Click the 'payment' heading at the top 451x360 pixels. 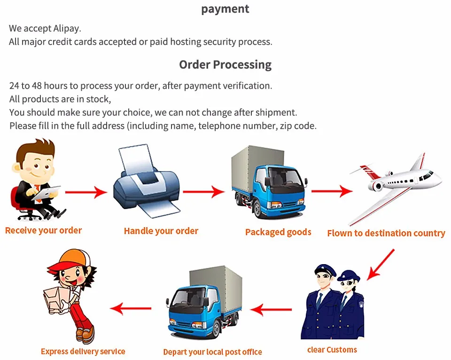225,9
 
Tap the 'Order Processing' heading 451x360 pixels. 225,64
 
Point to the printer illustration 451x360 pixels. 146,183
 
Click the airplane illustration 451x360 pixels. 397,181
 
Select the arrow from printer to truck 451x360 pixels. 204,191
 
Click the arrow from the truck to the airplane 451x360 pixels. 332,191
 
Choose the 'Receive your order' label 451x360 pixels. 43,230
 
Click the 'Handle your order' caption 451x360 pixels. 161,231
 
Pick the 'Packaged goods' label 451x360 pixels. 278,232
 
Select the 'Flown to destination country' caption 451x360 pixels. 386,233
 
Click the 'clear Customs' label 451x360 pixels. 332,350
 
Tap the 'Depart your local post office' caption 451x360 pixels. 212,352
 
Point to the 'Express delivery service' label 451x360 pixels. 83,351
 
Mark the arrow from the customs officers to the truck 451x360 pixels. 271,309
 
